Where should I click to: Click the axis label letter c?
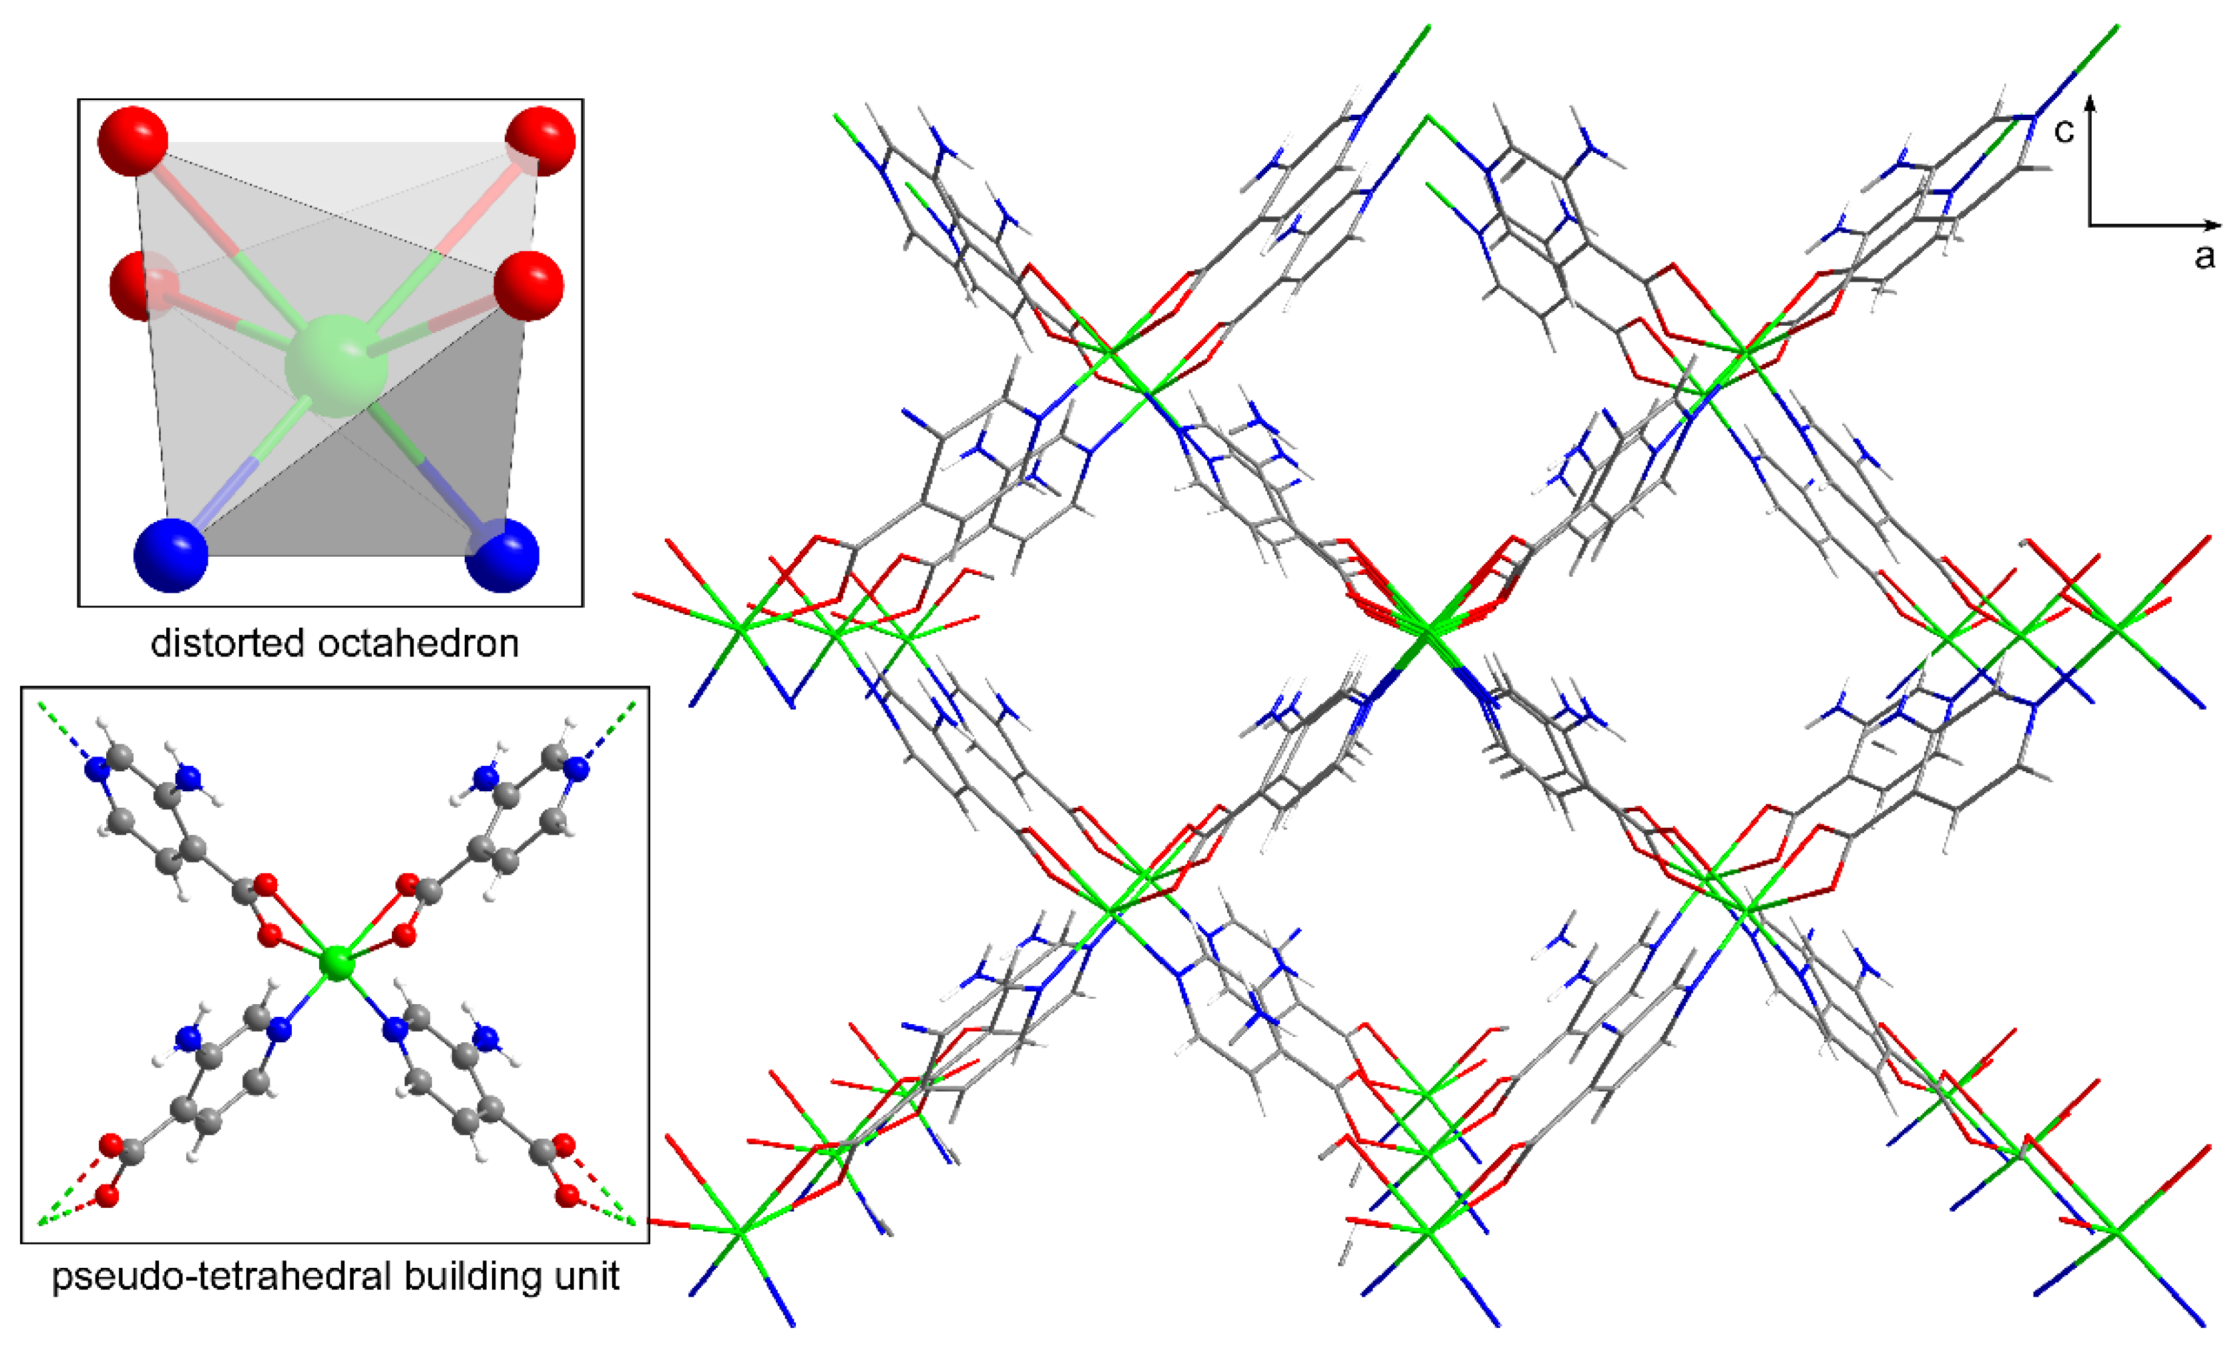click(2064, 131)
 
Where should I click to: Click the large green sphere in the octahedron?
click(336, 365)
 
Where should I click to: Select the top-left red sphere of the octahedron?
click(134, 141)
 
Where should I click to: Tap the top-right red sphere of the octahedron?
click(540, 141)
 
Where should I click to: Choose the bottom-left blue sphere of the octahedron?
click(171, 555)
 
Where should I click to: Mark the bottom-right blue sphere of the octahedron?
click(502, 555)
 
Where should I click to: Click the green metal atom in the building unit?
click(337, 963)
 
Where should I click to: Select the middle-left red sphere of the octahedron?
click(143, 286)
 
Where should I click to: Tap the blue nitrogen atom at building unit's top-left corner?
click(96, 769)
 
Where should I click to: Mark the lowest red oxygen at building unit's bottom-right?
click(568, 1196)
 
